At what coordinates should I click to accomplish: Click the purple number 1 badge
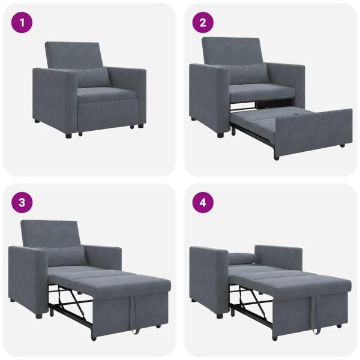pyautogui.click(x=22, y=23)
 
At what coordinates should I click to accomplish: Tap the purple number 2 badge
pyautogui.click(x=203, y=23)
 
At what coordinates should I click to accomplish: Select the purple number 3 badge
pyautogui.click(x=22, y=202)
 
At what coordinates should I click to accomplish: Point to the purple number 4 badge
pyautogui.click(x=203, y=202)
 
